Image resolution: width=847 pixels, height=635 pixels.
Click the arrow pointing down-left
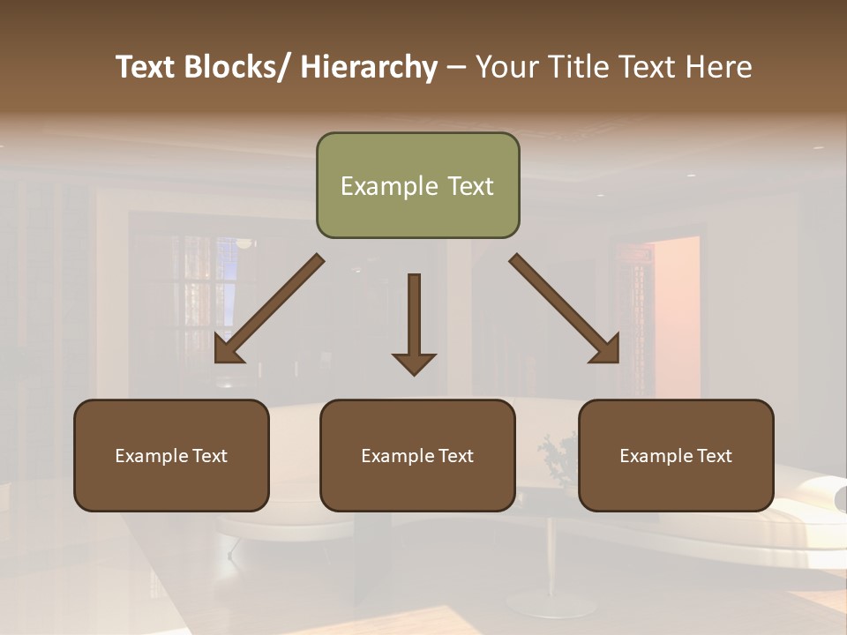tap(268, 310)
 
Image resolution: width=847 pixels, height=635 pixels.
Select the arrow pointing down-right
tap(565, 310)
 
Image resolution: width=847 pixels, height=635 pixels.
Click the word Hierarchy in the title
tap(369, 68)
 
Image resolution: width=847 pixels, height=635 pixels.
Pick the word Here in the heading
tap(719, 68)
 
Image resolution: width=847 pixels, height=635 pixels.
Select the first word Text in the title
tap(147, 68)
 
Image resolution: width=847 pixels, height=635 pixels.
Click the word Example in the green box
tap(389, 187)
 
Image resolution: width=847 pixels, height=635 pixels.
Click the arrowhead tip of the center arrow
tap(414, 373)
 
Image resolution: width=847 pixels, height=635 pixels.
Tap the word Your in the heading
tap(506, 68)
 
